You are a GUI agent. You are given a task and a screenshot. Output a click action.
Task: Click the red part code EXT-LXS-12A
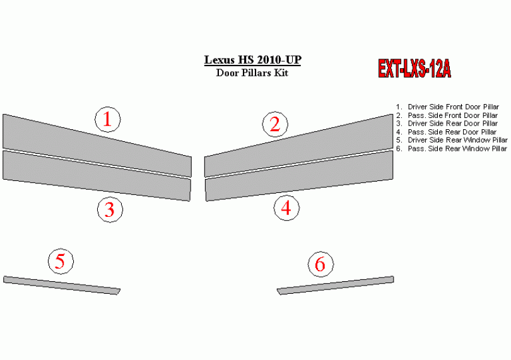(x=414, y=69)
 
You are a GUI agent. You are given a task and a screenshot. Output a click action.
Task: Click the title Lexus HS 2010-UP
(x=252, y=60)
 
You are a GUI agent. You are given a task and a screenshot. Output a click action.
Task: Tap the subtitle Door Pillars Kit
(x=252, y=73)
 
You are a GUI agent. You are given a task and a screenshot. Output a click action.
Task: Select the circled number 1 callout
(x=107, y=119)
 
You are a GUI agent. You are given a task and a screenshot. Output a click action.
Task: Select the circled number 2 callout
(x=276, y=124)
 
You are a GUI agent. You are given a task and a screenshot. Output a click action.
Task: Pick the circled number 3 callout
(x=110, y=209)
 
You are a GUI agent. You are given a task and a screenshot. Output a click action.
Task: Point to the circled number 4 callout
(x=286, y=208)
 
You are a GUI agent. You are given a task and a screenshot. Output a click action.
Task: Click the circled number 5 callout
(x=61, y=261)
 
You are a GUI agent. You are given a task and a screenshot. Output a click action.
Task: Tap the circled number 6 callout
(x=320, y=264)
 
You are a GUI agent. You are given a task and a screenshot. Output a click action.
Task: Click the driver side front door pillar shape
(x=97, y=146)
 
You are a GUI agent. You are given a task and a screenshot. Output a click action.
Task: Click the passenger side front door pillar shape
(x=299, y=146)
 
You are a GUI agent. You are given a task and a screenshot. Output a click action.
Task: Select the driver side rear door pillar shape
(x=97, y=175)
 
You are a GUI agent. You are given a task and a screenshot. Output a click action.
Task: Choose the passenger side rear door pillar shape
(x=299, y=175)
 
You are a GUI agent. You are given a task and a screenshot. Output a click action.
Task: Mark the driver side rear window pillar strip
(x=62, y=285)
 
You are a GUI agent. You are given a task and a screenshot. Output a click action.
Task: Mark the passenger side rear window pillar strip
(x=336, y=285)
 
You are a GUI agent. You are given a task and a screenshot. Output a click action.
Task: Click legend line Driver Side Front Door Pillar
(x=447, y=107)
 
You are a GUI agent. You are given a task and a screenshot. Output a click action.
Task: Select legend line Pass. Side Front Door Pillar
(x=447, y=115)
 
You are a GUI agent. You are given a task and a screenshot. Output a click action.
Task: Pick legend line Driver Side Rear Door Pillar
(x=447, y=124)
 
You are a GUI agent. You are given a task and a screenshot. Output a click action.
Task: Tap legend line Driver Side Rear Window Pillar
(x=452, y=140)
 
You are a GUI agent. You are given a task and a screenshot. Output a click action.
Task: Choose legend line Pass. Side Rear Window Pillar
(x=451, y=149)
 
